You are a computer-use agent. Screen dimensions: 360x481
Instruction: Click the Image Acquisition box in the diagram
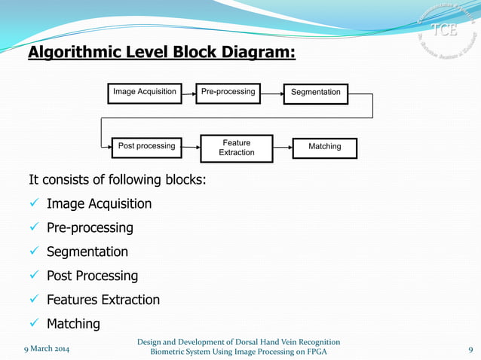pos(144,93)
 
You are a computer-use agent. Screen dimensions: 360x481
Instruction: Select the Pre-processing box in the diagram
pos(228,93)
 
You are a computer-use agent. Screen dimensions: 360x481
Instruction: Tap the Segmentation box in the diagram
pos(315,93)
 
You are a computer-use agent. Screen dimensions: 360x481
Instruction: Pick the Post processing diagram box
pos(146,146)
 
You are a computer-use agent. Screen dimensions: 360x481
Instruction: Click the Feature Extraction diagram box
pos(236,148)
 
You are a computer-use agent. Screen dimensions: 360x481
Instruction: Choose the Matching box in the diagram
pos(325,147)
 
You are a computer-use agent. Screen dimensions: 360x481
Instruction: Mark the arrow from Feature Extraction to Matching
pos(283,147)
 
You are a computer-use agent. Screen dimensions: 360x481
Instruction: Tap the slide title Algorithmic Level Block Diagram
pos(162,53)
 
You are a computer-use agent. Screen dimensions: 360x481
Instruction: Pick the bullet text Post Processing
pos(92,276)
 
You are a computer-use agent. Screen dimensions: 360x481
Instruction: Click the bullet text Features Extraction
pos(103,300)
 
